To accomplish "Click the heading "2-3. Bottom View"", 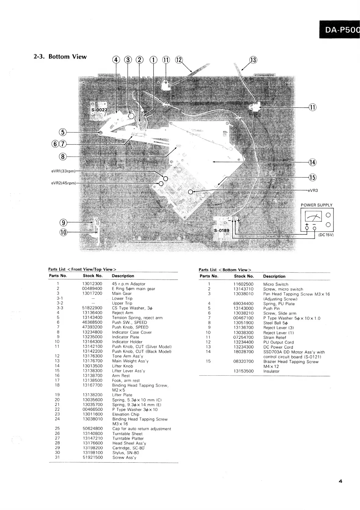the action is [x=60, y=57].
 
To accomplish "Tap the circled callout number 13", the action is [x=253, y=60].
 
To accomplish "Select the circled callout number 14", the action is [x=312, y=162].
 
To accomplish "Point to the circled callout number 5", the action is [x=62, y=132].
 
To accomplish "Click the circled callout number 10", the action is [x=63, y=232].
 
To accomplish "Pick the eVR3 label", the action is [x=313, y=190].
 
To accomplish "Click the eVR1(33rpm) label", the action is [x=63, y=171].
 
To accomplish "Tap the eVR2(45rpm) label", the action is [x=64, y=183].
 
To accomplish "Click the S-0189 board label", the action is [x=221, y=230].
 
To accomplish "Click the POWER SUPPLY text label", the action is [x=317, y=205].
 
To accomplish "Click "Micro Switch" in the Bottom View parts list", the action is [x=275, y=284].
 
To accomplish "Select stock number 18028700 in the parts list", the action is [x=243, y=352].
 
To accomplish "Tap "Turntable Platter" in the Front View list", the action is [x=128, y=438].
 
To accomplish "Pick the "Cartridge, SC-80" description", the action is [x=128, y=448].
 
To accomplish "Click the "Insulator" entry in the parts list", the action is [x=271, y=371].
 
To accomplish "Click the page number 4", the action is [x=340, y=481].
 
